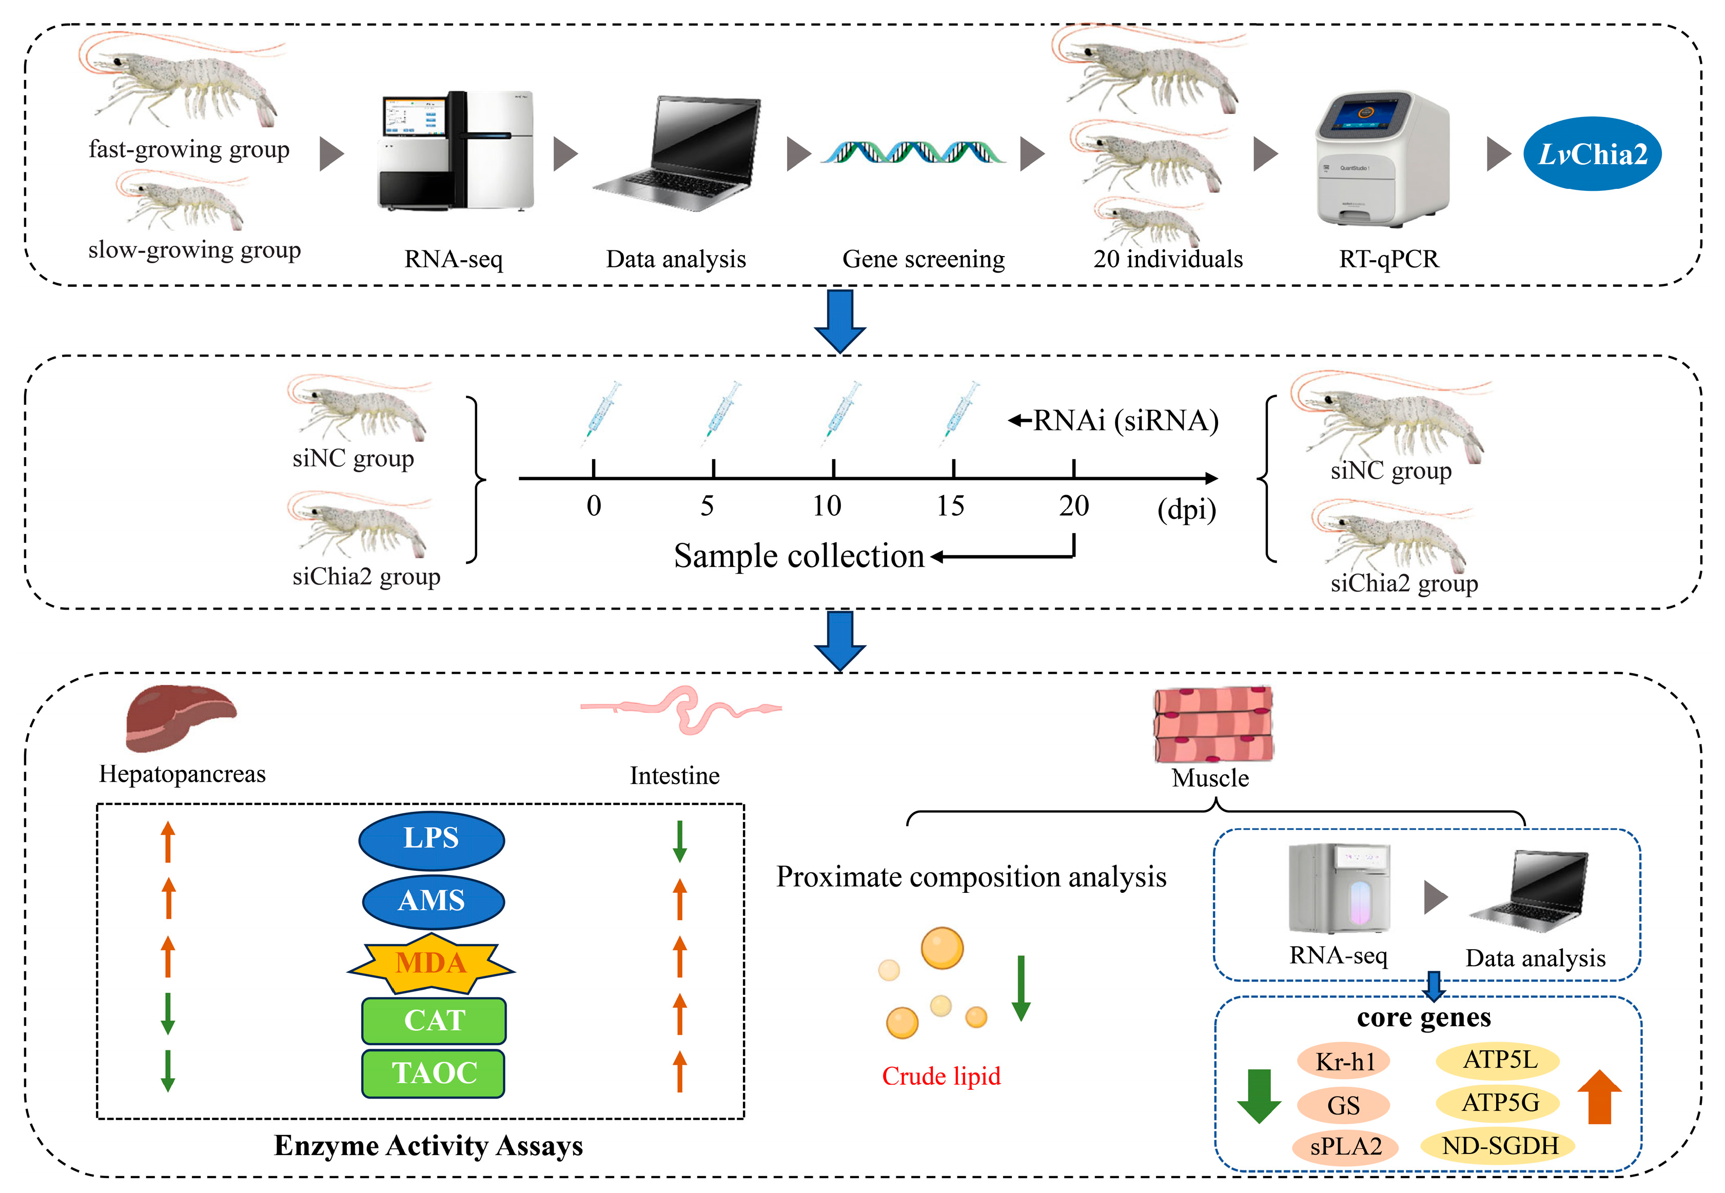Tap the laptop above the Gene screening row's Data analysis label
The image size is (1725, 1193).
click(676, 154)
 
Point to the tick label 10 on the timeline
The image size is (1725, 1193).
click(827, 506)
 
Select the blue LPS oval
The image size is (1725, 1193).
click(431, 838)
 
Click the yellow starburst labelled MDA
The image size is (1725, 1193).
click(431, 963)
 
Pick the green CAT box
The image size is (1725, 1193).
click(434, 1020)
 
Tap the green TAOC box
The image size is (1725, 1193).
click(434, 1073)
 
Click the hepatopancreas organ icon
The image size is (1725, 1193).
click(180, 717)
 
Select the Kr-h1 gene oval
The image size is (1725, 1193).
click(1343, 1062)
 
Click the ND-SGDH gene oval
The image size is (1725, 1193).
click(1499, 1146)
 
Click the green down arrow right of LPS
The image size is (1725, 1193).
click(679, 841)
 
